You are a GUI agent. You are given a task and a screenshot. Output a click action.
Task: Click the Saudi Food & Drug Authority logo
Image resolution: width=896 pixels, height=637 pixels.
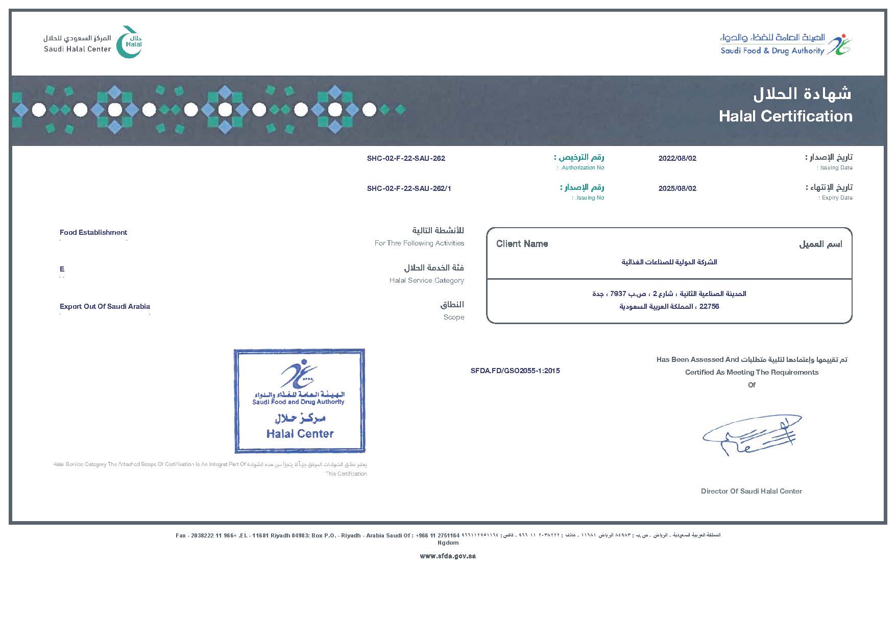click(x=786, y=44)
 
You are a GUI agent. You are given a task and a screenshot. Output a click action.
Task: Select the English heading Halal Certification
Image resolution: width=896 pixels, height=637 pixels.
click(x=785, y=116)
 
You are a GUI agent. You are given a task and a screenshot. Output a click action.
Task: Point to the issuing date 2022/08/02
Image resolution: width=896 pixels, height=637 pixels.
click(x=677, y=158)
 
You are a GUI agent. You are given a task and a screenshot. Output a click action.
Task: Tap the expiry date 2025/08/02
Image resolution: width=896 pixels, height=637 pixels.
click(x=677, y=188)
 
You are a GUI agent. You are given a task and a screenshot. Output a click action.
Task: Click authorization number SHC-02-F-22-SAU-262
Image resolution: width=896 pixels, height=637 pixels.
click(x=406, y=158)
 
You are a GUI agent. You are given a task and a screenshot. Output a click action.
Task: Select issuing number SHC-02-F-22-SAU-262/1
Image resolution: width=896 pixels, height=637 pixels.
click(x=409, y=188)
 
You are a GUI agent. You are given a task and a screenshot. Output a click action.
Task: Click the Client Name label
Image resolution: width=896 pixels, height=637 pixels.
click(x=522, y=244)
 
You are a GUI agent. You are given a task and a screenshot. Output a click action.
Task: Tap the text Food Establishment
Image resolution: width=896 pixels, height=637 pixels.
click(x=93, y=232)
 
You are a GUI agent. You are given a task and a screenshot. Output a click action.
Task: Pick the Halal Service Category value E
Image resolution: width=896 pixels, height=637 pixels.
click(x=62, y=269)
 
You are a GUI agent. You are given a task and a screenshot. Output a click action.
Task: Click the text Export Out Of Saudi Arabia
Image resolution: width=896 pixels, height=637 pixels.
click(x=105, y=306)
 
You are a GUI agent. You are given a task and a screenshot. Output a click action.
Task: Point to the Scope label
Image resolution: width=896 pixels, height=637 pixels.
click(x=453, y=317)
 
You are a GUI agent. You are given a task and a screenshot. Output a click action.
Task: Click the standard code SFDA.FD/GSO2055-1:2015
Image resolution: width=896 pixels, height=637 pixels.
click(x=515, y=371)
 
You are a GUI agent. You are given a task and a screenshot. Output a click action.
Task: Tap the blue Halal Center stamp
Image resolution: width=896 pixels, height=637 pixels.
click(x=299, y=401)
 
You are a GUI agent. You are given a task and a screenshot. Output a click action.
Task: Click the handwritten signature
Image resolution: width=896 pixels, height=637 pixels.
click(x=751, y=435)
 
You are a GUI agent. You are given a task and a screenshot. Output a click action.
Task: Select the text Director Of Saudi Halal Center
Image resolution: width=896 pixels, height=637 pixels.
click(x=751, y=491)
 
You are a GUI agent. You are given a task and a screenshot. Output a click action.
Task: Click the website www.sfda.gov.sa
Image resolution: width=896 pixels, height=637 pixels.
click(x=448, y=556)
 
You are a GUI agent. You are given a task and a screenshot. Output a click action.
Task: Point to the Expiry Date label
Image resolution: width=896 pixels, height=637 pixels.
click(x=837, y=198)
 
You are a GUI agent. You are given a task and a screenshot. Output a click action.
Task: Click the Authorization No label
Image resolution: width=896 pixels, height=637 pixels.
click(x=582, y=167)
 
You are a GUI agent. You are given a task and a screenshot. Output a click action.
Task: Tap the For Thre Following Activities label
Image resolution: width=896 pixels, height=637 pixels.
click(x=419, y=243)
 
